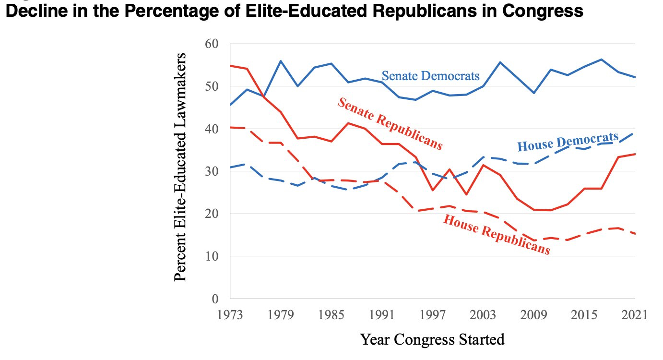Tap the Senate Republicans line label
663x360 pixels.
pyautogui.click(x=390, y=124)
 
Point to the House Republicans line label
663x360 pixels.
pyautogui.click(x=496, y=234)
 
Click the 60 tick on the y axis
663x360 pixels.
pyautogui.click(x=212, y=44)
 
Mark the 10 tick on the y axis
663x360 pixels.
pyautogui.click(x=212, y=256)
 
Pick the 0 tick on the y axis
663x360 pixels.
pyautogui.click(x=215, y=299)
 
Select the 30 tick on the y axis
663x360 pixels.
pyautogui.click(x=212, y=171)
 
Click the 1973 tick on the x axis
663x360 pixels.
pyautogui.click(x=230, y=315)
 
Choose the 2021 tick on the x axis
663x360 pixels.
pyautogui.click(x=635, y=315)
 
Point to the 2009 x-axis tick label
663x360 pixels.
pyautogui.click(x=533, y=315)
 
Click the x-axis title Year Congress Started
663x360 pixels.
pyautogui.click(x=432, y=340)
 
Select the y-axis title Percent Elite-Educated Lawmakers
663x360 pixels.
pyautogui.click(x=180, y=167)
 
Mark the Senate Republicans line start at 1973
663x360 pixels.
pyautogui.click(x=231, y=65)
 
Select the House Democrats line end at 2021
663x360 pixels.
pyautogui.click(x=635, y=133)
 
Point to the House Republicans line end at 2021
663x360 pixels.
pyautogui.click(x=635, y=234)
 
